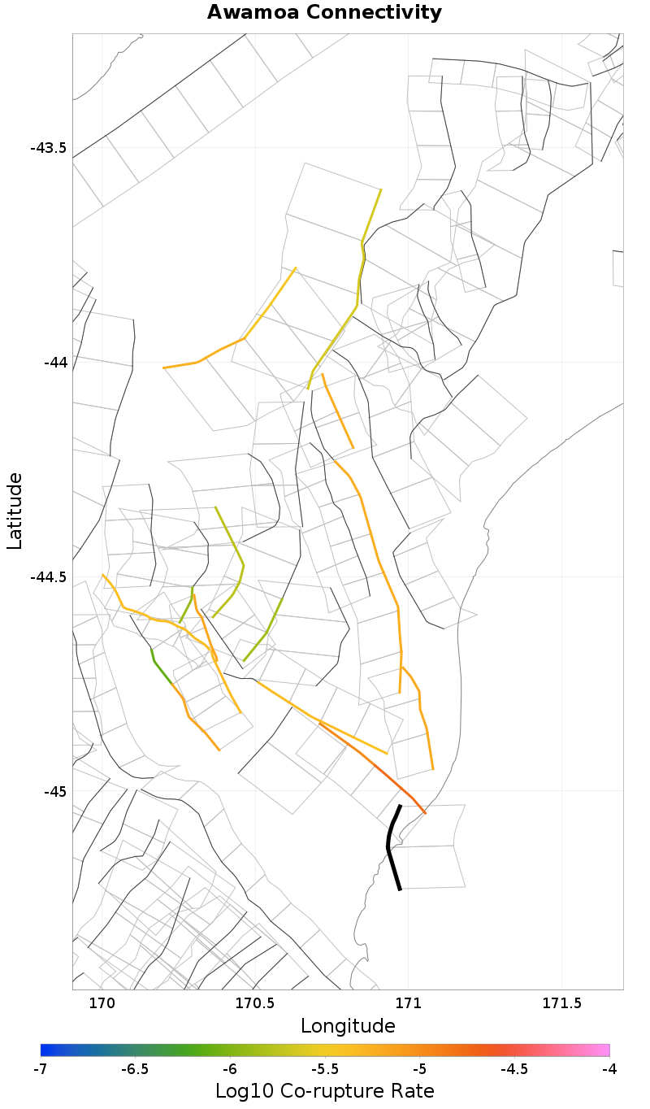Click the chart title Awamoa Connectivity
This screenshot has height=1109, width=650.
coord(324,13)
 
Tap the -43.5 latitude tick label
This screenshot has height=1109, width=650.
coord(48,148)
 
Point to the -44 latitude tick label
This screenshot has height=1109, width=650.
coord(54,363)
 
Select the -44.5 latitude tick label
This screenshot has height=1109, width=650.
coord(48,577)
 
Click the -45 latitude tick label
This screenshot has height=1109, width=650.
coord(54,791)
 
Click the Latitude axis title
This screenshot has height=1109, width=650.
coord(15,511)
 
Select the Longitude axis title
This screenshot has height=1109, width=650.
coord(348,1026)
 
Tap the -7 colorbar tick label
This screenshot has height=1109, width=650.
coord(41,1069)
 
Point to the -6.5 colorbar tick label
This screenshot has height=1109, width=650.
coord(135,1069)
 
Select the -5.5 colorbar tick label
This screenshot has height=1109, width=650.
coord(324,1069)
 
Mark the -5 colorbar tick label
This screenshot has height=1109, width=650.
coord(419,1069)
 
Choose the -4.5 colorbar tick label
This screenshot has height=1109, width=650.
coord(513,1069)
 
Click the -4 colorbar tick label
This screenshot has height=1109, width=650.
coord(609,1069)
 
